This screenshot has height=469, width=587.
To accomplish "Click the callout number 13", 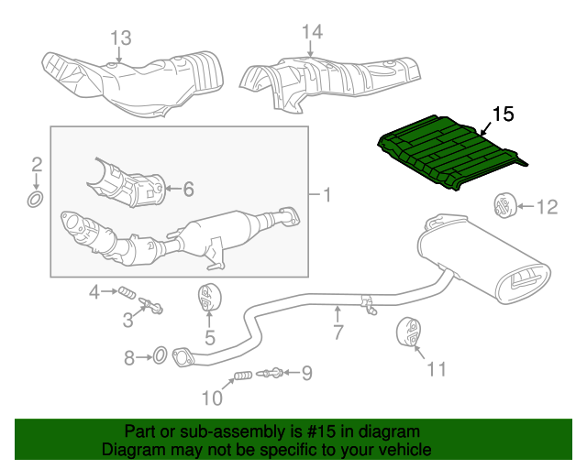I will [x=121, y=38].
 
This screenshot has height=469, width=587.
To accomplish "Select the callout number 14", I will [x=313, y=32].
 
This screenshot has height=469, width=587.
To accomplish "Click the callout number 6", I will [x=188, y=190].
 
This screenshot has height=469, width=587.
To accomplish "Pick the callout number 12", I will [x=547, y=208].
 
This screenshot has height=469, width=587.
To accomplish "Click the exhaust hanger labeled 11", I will [x=407, y=334].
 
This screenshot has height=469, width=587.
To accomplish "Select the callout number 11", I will [x=436, y=369].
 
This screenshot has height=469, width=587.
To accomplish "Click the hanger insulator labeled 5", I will [x=209, y=300].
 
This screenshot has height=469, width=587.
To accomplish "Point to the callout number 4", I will [x=94, y=292].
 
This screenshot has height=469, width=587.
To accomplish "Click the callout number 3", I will [x=128, y=320].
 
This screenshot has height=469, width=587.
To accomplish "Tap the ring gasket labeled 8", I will [x=157, y=354].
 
